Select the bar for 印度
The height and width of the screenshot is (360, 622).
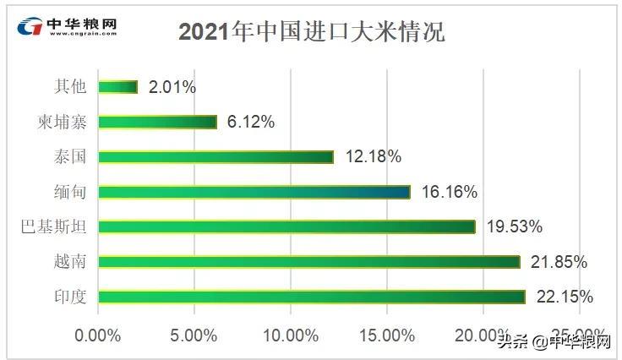coord(311,297)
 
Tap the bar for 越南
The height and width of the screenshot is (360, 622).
coord(308,262)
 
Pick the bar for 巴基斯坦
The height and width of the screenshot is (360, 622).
coord(286,226)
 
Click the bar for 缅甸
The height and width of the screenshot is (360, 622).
coord(254,192)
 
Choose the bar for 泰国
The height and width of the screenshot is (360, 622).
coord(216,156)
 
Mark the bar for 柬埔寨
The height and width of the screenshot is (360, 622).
coord(157,122)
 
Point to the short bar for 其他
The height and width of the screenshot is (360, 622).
coord(117,86)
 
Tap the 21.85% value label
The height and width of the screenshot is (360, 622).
coord(559,262)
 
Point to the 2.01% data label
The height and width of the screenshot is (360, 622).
coord(172,86)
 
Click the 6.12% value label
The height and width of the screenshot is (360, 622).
coord(251,122)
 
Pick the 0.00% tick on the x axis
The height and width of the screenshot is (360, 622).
coord(98,335)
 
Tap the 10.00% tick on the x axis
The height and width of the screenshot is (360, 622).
coord(290,335)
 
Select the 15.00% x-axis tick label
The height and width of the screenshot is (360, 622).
coord(386,335)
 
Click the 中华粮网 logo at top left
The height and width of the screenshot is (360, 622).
coord(68,26)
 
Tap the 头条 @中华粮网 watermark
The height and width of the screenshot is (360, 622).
coord(554,341)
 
